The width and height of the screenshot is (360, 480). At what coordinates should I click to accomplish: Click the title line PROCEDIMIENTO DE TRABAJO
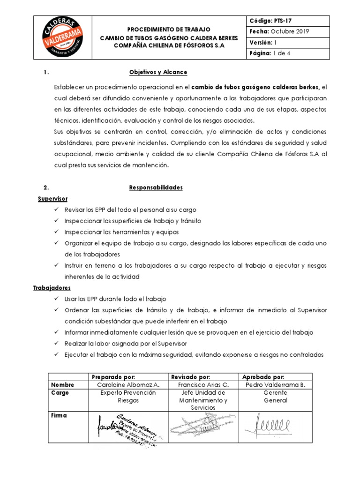point(169,29)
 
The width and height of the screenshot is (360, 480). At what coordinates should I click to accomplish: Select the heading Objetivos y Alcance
point(158,72)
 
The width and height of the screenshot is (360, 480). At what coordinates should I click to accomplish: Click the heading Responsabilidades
point(156,187)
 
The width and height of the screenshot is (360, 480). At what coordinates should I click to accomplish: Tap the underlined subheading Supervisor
point(52,199)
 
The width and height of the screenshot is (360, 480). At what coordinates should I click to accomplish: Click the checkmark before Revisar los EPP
point(57,210)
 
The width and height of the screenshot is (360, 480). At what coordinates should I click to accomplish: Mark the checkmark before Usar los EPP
point(57,299)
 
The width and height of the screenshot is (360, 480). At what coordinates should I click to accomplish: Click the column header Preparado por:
point(113,377)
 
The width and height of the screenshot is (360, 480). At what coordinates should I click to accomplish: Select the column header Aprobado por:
point(263,377)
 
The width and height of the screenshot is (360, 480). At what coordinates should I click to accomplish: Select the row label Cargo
point(60,393)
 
